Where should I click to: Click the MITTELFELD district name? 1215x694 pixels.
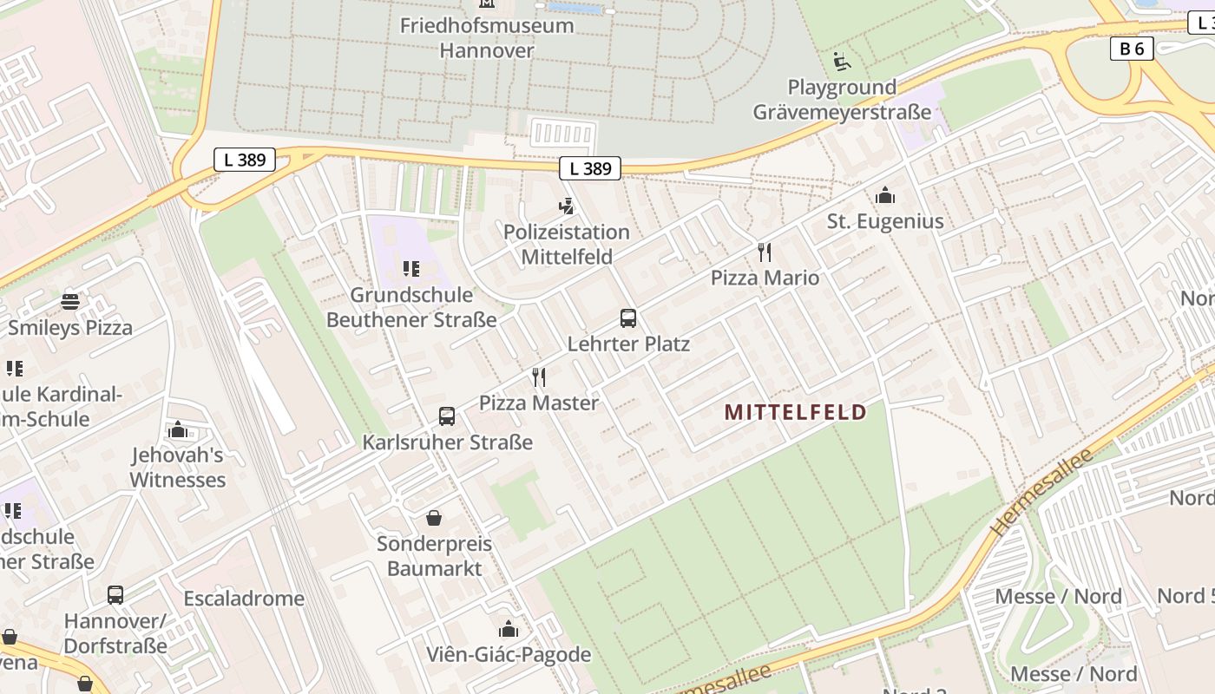point(796,412)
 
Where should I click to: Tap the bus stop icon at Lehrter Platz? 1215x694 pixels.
point(628,318)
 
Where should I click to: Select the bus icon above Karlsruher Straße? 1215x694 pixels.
point(447,416)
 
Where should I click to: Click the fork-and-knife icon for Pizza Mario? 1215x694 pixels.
point(765,252)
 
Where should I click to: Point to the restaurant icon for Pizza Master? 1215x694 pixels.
point(539,377)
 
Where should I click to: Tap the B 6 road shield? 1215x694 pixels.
point(1132,49)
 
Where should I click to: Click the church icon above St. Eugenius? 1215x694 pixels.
point(885,195)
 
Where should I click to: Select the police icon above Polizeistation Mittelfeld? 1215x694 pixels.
point(567,206)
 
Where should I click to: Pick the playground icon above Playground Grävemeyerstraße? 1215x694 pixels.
point(841,62)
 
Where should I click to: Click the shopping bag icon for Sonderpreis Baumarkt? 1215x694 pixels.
point(434,518)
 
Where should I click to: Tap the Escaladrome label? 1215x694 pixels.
point(244,599)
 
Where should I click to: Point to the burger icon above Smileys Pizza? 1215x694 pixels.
point(70,302)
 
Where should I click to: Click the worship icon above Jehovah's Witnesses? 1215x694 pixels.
point(178,429)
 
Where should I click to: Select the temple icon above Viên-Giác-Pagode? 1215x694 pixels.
point(509,629)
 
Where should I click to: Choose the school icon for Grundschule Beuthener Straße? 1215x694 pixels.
point(411,269)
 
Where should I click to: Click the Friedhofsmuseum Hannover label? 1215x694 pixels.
point(486,37)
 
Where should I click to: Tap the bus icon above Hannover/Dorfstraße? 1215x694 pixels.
point(115,595)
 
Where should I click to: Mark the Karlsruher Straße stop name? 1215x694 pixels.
point(447,442)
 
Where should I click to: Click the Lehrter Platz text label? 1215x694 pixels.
point(628,344)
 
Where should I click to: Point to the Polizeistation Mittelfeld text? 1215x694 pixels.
point(567,245)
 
